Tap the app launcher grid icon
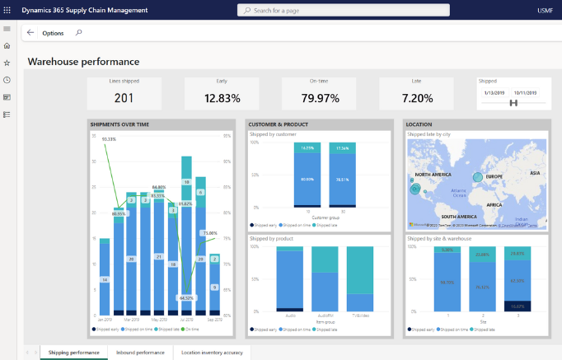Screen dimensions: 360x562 [x=7, y=10]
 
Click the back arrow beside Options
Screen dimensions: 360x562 [x=30, y=33]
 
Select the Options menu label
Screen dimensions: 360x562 [x=53, y=33]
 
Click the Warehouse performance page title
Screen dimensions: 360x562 [x=83, y=62]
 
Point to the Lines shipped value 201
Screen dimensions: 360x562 [x=124, y=98]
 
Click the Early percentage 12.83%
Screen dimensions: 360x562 [x=221, y=98]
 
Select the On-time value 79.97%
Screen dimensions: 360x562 [x=318, y=98]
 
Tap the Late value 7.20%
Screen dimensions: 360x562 [x=416, y=98]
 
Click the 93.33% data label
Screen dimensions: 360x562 [x=109, y=140]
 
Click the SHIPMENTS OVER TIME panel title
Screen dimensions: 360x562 [x=119, y=124]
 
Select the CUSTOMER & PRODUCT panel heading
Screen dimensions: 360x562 [x=278, y=124]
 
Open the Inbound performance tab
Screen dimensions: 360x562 [x=141, y=353]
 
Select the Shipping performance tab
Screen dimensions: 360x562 [x=74, y=353]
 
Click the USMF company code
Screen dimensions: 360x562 [x=545, y=10]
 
